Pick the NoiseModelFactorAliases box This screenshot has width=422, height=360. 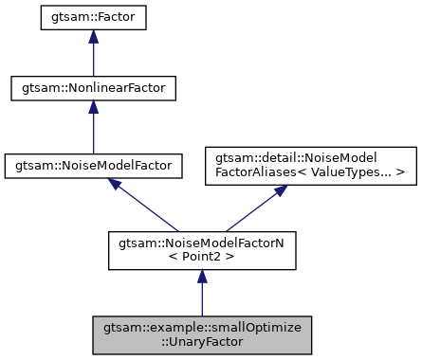pos(312,164)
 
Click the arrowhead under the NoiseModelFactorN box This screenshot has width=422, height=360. pos(201,276)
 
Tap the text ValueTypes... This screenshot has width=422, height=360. pos(355,171)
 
